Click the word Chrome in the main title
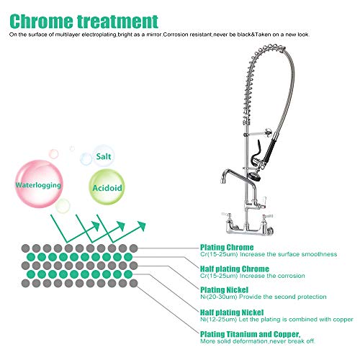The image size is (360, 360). [x=42, y=22]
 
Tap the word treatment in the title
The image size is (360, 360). [x=117, y=22]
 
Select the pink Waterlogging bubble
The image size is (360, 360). [x=39, y=184]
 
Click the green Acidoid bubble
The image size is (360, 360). [x=107, y=187]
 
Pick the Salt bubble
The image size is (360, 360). [x=104, y=156]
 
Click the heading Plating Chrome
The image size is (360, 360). [x=227, y=247]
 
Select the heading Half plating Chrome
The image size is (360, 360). [x=235, y=269]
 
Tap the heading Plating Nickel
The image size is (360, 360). [x=224, y=290]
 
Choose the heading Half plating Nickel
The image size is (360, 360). [x=232, y=312]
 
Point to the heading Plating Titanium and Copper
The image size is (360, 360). [x=251, y=334]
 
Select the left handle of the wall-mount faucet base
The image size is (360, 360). [x=226, y=215]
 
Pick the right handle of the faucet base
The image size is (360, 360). [x=266, y=216]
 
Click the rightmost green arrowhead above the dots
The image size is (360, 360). [x=142, y=226]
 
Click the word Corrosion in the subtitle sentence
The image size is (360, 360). [x=176, y=35]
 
